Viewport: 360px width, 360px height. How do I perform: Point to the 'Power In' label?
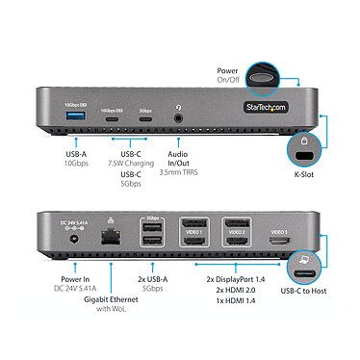[x=74, y=279]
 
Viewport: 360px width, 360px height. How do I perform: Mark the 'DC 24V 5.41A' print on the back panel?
[x=76, y=223]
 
